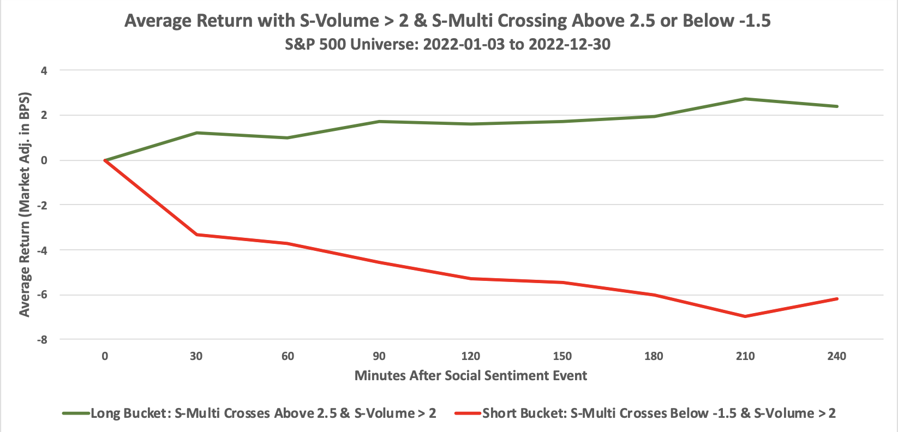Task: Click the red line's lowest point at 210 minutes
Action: pos(745,316)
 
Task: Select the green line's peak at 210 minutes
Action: pos(745,99)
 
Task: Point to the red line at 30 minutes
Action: pos(196,235)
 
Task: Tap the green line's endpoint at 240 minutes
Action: pos(836,106)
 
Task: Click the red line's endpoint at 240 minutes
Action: pos(836,299)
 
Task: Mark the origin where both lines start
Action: pos(105,160)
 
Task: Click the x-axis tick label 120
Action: pos(470,356)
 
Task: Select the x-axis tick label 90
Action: pos(379,356)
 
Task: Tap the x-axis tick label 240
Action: pos(836,356)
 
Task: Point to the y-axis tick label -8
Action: pos(43,339)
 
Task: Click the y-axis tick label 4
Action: pos(45,70)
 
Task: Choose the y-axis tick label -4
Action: pos(43,250)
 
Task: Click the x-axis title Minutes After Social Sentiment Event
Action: pos(470,375)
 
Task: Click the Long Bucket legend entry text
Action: pos(263,413)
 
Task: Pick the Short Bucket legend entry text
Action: pos(658,413)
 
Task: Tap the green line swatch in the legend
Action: pos(75,413)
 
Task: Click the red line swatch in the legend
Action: pos(468,413)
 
